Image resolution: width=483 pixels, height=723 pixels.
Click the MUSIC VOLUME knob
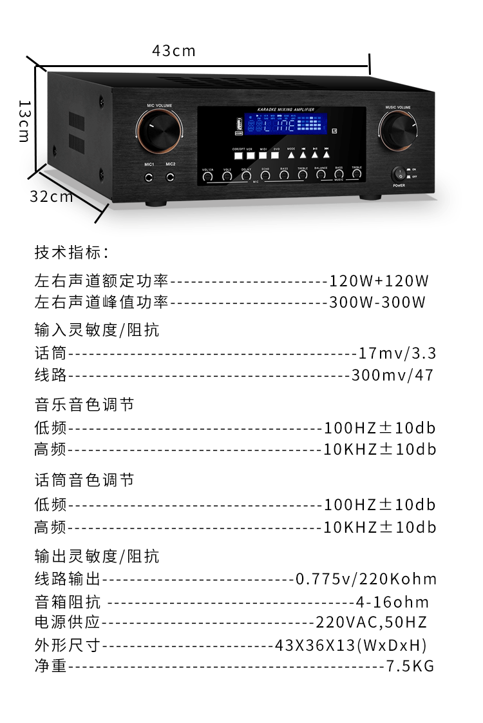click(397, 130)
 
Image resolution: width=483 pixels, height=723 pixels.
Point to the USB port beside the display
click(238, 124)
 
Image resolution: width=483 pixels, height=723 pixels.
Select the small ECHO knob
click(265, 175)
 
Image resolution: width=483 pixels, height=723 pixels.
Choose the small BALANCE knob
click(321, 174)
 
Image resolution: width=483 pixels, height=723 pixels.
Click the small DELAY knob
click(246, 175)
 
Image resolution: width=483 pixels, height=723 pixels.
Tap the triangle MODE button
click(291, 155)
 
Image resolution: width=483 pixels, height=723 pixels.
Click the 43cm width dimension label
click(173, 50)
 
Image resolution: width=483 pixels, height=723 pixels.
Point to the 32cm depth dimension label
click(52, 197)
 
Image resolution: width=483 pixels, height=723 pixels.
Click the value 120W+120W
click(379, 281)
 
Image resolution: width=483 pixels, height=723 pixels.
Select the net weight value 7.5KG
click(410, 666)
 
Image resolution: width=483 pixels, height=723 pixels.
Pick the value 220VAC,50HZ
click(371, 622)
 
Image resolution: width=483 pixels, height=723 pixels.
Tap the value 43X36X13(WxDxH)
click(351, 644)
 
